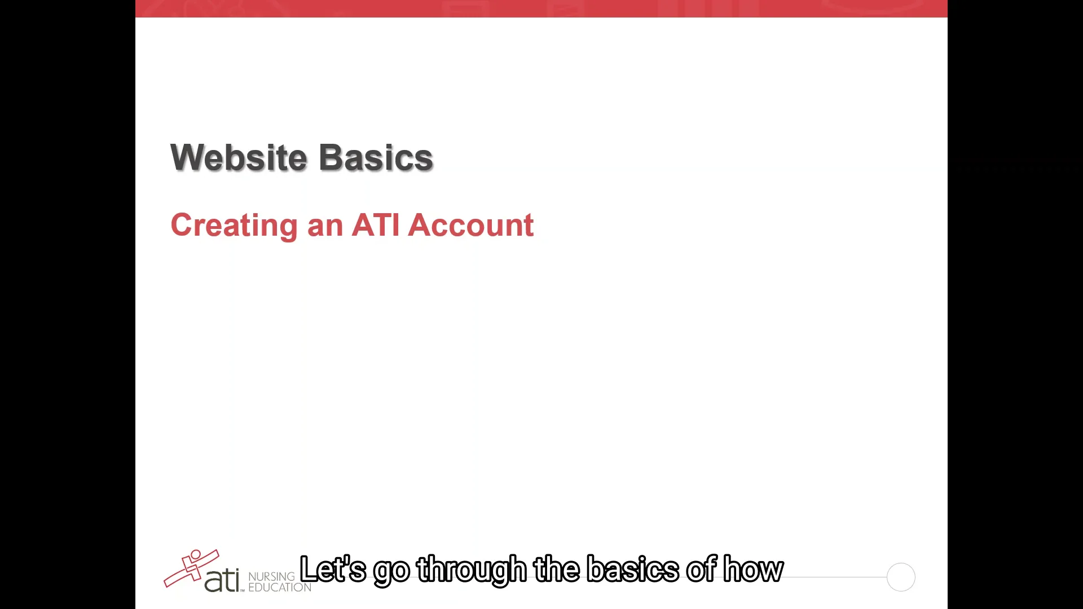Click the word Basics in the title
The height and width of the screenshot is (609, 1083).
click(376, 157)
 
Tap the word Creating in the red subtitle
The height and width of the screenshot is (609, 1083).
click(234, 226)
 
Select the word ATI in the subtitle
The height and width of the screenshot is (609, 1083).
click(376, 225)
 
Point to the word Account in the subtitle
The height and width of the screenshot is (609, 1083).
click(470, 225)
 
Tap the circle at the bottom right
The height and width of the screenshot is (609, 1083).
click(901, 577)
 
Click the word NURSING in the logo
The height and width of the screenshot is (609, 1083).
click(271, 576)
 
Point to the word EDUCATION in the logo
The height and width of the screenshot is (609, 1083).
click(280, 588)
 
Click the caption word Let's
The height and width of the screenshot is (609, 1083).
click(333, 569)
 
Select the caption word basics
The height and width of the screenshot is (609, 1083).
click(633, 569)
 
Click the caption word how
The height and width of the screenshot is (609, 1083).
click(754, 569)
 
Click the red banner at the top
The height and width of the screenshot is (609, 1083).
click(541, 8)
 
